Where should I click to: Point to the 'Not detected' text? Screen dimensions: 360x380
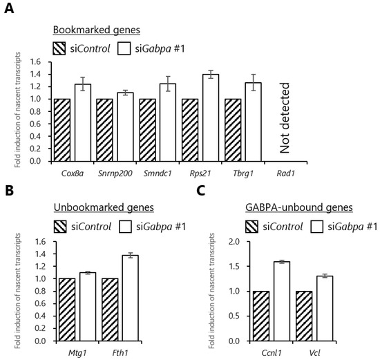(x=285, y=118)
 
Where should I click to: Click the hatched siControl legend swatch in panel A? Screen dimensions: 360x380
(x=61, y=49)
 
